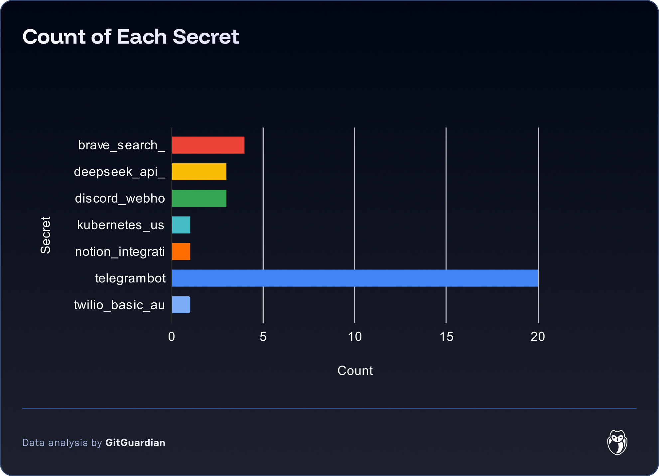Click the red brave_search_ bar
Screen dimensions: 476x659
[208, 145]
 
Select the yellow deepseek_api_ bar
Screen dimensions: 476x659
[199, 172]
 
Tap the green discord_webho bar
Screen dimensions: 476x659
[199, 198]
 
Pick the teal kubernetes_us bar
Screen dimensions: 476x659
[181, 225]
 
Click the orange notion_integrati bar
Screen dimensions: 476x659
[181, 251]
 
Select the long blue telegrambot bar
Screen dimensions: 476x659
[355, 278]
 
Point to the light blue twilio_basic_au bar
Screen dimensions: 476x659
[181, 305]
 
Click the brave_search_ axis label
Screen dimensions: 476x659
[121, 145]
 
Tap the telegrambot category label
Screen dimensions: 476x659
[130, 278]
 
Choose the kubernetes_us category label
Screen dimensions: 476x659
[121, 225]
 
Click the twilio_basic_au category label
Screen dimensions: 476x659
[119, 305]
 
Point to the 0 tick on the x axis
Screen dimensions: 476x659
[172, 337]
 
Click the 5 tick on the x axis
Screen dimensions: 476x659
[263, 337]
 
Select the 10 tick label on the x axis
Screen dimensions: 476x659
[355, 337]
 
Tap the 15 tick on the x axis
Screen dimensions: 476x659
[446, 337]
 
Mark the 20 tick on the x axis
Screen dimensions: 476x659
[538, 337]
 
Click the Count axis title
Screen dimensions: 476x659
[355, 371]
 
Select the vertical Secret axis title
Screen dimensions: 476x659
[46, 235]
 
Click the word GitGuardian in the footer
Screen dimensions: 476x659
[135, 443]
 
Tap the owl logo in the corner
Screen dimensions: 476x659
[617, 442]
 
